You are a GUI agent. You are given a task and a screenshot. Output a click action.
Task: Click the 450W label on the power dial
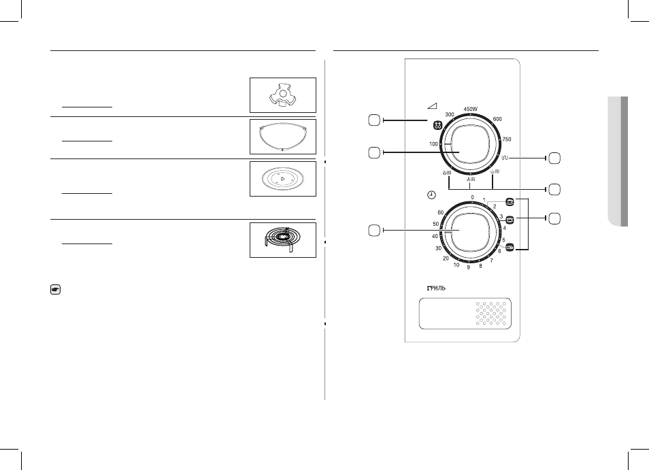coord(470,109)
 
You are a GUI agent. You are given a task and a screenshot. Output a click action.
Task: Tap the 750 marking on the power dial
coord(507,139)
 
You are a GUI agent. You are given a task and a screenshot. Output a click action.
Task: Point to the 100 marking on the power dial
coord(433,144)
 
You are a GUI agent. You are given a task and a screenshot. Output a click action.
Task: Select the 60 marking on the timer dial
coord(441,213)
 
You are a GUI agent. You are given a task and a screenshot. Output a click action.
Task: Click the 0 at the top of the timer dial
coord(472,198)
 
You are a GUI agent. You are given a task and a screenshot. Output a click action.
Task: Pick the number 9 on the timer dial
coord(469,267)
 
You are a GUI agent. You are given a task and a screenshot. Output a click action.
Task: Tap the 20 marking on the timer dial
coord(446,258)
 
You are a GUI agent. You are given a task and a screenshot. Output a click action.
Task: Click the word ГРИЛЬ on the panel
coord(436,288)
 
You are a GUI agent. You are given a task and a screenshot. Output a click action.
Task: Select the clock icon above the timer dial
coord(432,195)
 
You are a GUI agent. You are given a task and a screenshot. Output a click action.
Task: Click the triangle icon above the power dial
coord(432,106)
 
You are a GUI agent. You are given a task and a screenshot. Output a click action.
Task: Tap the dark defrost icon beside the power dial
coord(437,125)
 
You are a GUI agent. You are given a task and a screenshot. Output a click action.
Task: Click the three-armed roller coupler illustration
coord(283,95)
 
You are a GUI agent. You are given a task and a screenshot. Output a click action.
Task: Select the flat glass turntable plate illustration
coord(283,179)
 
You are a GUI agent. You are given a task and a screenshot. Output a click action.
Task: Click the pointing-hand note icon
coord(55,290)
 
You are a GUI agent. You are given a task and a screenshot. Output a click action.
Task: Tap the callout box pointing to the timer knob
coord(373,231)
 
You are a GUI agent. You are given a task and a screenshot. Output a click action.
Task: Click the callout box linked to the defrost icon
coord(373,120)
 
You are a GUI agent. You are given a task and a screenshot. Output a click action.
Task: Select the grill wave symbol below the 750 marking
coord(505,158)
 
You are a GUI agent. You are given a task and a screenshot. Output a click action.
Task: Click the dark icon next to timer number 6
coord(510,247)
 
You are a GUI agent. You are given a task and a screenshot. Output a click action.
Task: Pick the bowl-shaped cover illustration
coord(283,136)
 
